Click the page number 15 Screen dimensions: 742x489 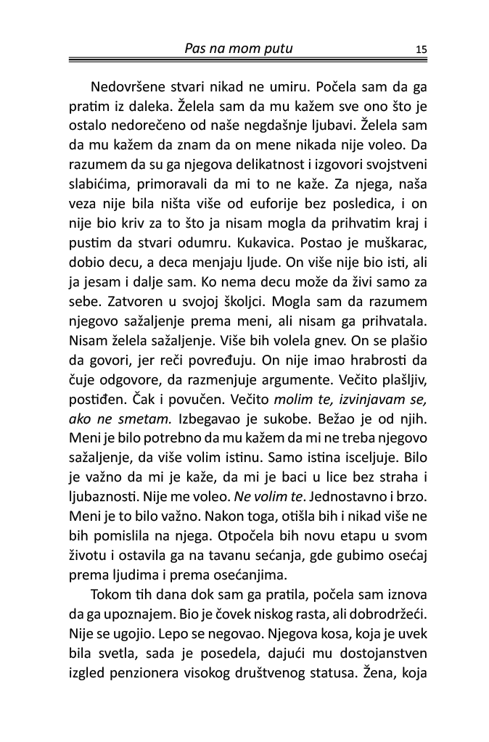pyautogui.click(x=422, y=49)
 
